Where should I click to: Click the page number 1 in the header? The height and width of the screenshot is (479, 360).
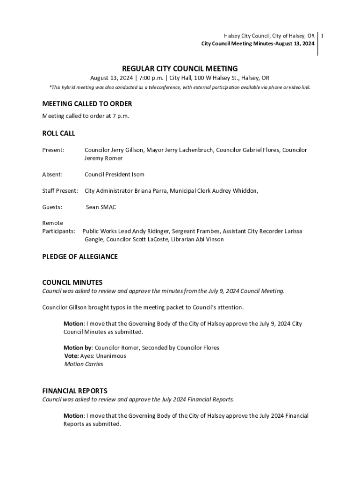click(323, 36)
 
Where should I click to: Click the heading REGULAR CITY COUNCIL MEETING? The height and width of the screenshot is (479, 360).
click(180, 68)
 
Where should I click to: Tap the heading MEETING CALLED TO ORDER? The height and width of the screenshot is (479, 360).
click(87, 104)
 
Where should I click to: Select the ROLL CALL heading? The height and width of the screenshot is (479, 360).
click(58, 133)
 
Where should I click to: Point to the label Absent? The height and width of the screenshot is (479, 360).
click(52, 174)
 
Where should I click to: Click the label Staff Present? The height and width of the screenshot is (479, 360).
click(60, 191)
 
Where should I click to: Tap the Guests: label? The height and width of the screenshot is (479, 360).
click(52, 207)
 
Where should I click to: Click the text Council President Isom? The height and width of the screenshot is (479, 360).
click(115, 174)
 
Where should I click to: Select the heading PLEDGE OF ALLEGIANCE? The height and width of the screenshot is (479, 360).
click(80, 257)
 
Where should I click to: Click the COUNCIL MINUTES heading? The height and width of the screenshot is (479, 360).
click(72, 283)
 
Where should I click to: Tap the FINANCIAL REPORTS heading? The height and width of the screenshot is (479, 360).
click(75, 391)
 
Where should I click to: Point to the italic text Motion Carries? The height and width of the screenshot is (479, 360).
click(84, 364)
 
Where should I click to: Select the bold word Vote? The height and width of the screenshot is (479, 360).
click(72, 356)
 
